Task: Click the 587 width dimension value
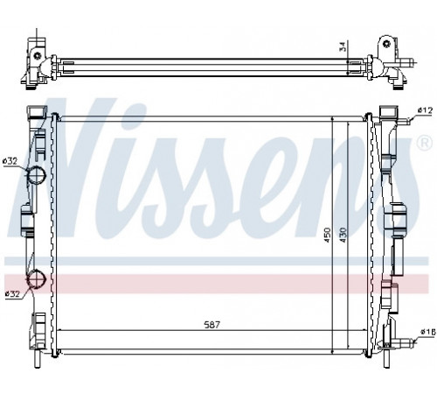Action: click(x=212, y=325)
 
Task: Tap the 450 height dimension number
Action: click(x=328, y=235)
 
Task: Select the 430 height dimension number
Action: click(x=343, y=235)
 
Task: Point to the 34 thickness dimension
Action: click(x=343, y=46)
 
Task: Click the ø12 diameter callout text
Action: click(x=424, y=110)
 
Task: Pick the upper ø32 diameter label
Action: click(x=10, y=161)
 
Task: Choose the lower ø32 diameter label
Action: click(x=12, y=293)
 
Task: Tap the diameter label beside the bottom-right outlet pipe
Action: click(x=428, y=332)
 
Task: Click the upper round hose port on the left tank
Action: click(x=37, y=174)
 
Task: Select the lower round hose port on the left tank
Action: click(x=37, y=278)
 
